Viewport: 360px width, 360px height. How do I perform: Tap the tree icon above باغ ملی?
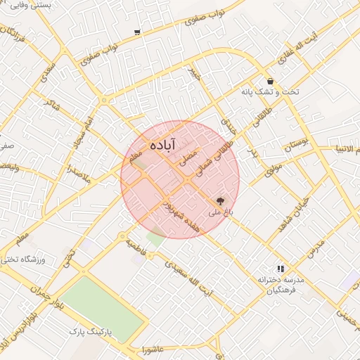click(x=222, y=201)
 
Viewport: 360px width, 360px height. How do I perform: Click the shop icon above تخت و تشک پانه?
click(x=271, y=82)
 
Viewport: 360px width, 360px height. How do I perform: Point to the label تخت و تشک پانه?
click(x=270, y=92)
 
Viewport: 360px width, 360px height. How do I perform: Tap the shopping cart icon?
click(x=136, y=32)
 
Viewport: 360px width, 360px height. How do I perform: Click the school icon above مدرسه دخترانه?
click(x=281, y=269)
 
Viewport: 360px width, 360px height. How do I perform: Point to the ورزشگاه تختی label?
click(x=23, y=260)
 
